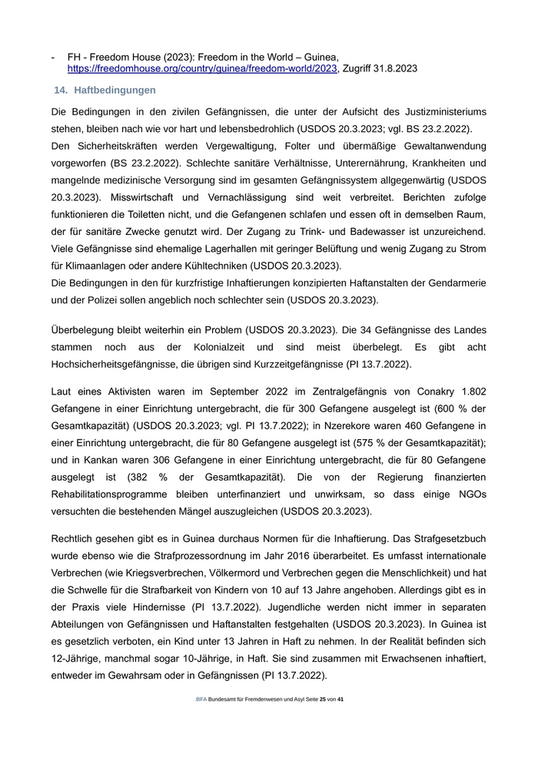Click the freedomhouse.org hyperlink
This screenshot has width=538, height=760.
[202, 68]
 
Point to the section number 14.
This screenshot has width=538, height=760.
[61, 91]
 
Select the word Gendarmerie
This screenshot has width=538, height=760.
[453, 283]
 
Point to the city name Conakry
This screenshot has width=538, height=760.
[428, 392]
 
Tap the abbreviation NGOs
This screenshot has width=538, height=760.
[468, 494]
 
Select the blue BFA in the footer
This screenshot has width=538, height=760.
[201, 699]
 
